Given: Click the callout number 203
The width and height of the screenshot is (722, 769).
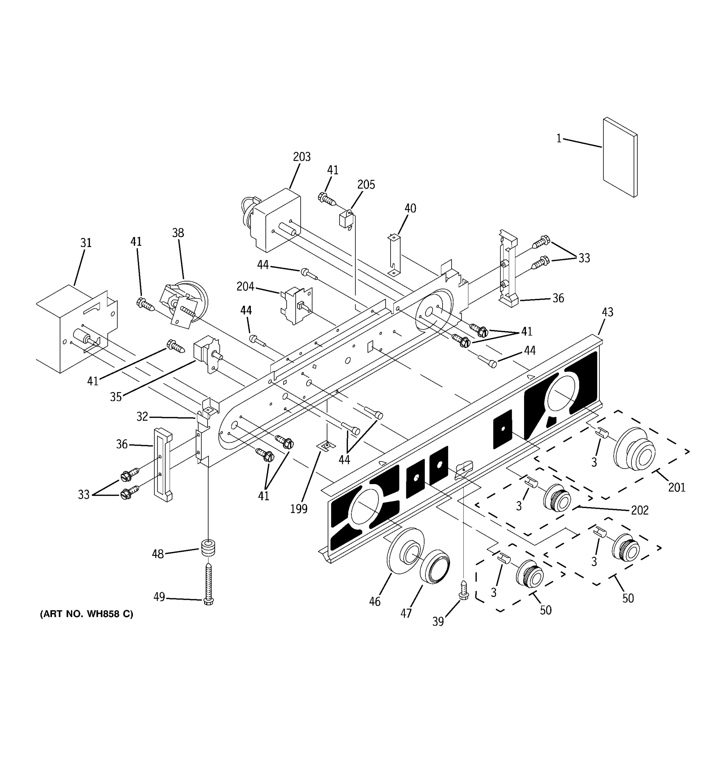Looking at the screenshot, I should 301,157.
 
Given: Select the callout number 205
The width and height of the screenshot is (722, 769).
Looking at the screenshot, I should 366,185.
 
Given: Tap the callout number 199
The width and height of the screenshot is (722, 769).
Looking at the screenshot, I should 299,509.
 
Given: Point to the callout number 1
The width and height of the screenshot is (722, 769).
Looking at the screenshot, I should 559,138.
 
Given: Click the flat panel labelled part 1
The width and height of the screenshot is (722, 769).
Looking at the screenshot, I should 619,157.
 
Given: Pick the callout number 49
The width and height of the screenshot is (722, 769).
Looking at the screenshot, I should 159,597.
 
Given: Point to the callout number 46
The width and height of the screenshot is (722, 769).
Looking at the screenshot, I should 374,601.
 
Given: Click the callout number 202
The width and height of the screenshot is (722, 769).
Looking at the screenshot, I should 640,511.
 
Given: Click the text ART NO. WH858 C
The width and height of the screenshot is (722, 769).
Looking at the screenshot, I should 86,614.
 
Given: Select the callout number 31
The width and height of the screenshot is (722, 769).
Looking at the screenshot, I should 86,243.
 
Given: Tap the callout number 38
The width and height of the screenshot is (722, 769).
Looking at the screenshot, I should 178,233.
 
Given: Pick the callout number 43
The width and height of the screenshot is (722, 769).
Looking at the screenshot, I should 607,312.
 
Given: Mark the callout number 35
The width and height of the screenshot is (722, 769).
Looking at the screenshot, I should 116,397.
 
